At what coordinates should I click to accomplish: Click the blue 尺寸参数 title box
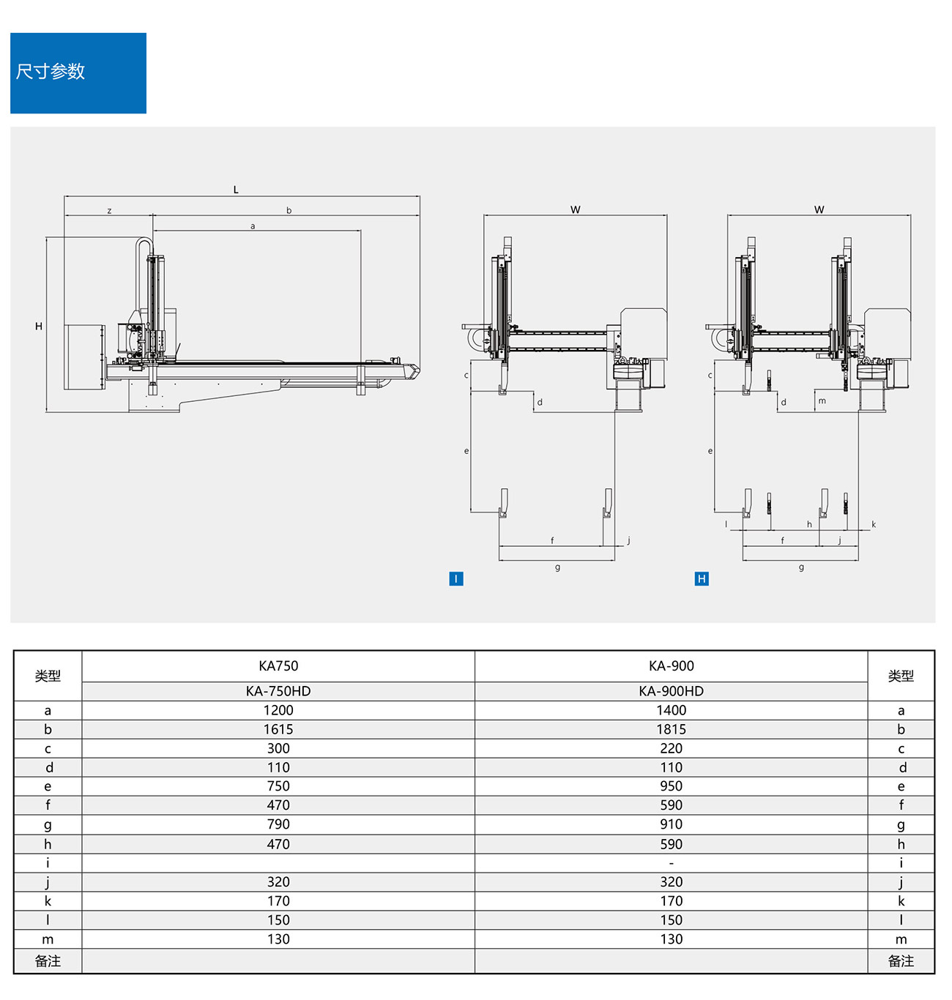[78, 72]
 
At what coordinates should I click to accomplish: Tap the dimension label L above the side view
[236, 190]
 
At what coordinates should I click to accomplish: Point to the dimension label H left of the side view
[39, 327]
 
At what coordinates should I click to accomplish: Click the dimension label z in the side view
[109, 211]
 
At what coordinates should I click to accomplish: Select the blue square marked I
[455, 579]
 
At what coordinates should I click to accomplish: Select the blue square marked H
[702, 579]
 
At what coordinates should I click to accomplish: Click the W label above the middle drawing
[576, 210]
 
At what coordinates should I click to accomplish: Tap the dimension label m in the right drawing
[822, 401]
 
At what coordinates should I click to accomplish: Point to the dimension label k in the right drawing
[874, 524]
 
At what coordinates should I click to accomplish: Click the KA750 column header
[278, 666]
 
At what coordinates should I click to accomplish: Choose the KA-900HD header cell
[671, 691]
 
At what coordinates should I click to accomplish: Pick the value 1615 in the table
[278, 729]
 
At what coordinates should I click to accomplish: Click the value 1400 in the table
[671, 710]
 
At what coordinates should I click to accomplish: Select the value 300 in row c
[278, 748]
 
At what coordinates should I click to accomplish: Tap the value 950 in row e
[671, 786]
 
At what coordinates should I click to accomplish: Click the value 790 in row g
[278, 824]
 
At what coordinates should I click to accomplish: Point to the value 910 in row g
[671, 824]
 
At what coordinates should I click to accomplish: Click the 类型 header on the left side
[48, 676]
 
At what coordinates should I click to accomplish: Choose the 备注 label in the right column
[901, 961]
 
